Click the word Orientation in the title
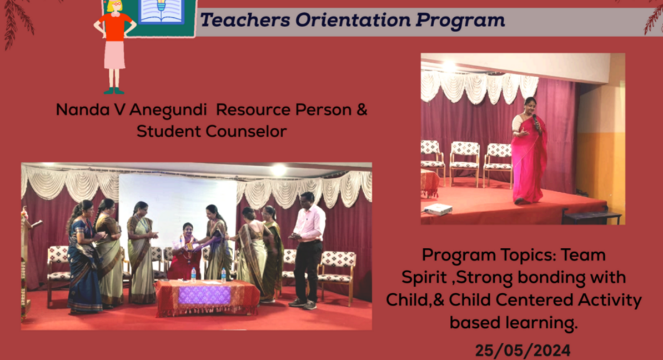click(x=353, y=20)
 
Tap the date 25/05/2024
click(x=523, y=351)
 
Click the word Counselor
click(x=247, y=131)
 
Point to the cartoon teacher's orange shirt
click(x=114, y=26)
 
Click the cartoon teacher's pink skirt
click(x=114, y=55)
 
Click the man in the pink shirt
click(x=308, y=249)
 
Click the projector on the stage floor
click(x=438, y=209)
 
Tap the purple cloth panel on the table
click(x=204, y=295)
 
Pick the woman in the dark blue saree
click(x=84, y=257)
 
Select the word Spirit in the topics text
click(x=424, y=278)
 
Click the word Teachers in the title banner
click(x=245, y=20)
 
